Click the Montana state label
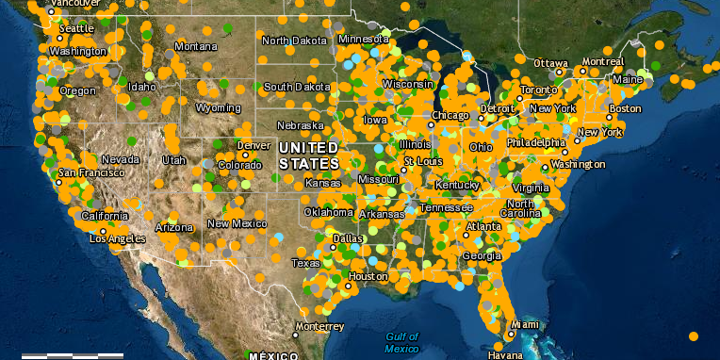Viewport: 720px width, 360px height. click(195, 46)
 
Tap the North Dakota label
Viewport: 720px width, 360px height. click(295, 41)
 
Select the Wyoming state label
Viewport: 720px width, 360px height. click(218, 107)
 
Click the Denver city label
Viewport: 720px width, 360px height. click(254, 146)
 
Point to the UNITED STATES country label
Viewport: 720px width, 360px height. click(308, 156)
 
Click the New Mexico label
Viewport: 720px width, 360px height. click(237, 223)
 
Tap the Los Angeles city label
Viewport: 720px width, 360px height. click(105, 238)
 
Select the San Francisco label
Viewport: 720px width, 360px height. click(90, 173)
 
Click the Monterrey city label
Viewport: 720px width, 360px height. click(319, 326)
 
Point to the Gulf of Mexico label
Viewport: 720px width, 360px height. click(401, 343)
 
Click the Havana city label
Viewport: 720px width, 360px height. click(505, 355)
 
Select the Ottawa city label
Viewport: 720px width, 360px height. click(550, 63)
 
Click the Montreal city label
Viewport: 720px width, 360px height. click(603, 61)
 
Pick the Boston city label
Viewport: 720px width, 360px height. click(624, 108)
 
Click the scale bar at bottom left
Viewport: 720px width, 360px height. click(73, 355)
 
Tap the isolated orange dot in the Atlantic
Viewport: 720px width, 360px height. click(694, 335)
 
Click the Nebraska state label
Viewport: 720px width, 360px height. click(301, 125)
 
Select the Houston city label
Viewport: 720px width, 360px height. click(368, 276)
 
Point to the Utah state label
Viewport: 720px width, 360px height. click(173, 159)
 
